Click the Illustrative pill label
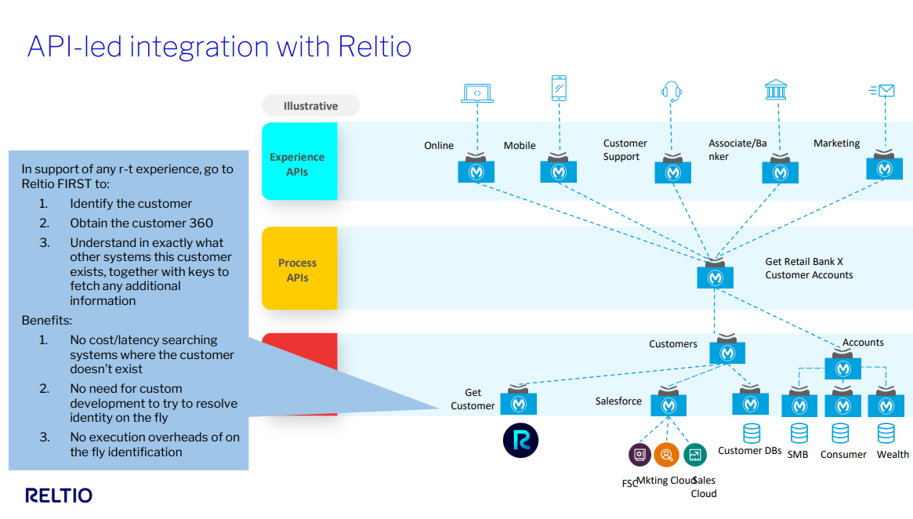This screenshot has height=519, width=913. pos(310,106)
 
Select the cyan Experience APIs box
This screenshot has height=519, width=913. pos(299,161)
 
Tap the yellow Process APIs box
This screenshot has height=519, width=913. pos(299,268)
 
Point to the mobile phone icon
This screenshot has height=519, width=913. pos(558,89)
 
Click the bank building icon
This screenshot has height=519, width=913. pos(775,89)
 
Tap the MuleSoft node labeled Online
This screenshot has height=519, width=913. pos(476,171)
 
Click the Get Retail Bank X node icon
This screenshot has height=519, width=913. pos(715,276)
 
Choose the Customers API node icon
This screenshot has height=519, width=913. pos(727,352)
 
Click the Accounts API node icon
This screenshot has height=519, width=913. pos(842,367)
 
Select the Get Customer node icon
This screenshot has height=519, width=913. pos(518,403)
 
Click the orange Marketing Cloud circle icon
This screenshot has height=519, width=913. pos(666,454)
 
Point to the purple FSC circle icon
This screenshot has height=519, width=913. pos(639,454)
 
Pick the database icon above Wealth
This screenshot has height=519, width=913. pos(886,434)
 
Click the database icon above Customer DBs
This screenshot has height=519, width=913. pos(751,433)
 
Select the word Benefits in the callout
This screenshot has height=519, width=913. pos(46,321)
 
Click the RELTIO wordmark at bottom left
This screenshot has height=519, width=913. pos(59,495)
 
